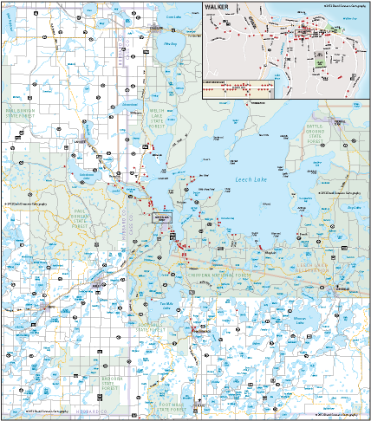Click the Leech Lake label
253,180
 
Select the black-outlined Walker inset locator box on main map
162,217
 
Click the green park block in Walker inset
318,59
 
